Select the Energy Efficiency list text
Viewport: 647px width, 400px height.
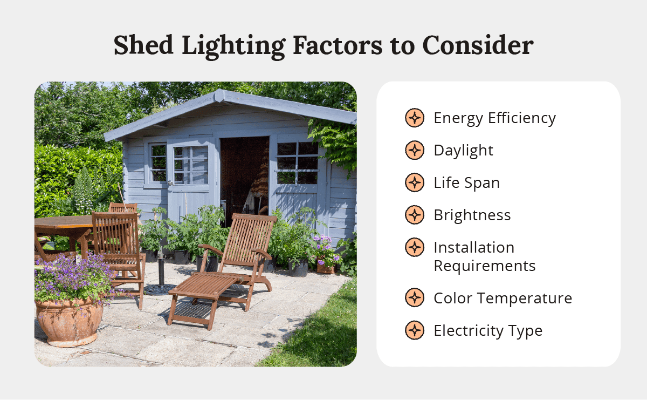(494, 118)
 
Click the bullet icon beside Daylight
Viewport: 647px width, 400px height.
(414, 151)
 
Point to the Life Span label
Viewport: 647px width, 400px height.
(466, 183)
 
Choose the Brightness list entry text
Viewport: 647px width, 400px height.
(472, 215)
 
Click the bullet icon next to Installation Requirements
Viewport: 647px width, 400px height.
(414, 248)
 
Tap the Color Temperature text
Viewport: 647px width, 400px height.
(503, 298)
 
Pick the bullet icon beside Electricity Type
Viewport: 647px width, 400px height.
(414, 330)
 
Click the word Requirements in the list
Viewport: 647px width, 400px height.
(484, 266)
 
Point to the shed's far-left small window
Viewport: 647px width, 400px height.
(158, 162)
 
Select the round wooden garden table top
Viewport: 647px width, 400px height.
(59, 221)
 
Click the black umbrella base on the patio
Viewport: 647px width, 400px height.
(160, 289)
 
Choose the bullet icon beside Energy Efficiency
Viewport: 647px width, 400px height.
(414, 118)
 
